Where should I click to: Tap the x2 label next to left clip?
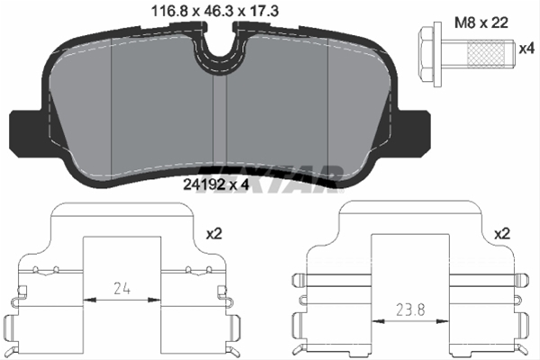coord(213,233)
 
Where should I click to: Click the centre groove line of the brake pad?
coord(213,126)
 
